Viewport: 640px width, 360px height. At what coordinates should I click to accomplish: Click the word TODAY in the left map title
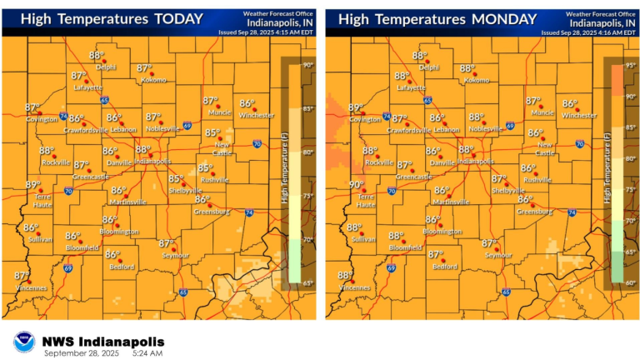(174, 19)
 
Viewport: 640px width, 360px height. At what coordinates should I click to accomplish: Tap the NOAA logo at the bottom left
(23, 342)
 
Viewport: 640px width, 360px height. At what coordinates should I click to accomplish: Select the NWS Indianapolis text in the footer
(103, 342)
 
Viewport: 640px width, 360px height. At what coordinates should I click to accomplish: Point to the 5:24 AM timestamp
(147, 354)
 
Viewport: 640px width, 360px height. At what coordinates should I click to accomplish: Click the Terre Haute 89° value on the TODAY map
(33, 185)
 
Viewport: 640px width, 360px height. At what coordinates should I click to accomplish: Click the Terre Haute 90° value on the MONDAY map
(357, 185)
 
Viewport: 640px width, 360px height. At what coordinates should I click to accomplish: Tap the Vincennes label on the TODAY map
(29, 287)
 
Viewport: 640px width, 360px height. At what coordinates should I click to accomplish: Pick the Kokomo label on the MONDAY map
(477, 81)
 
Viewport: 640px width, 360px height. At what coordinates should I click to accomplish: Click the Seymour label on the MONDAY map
(498, 255)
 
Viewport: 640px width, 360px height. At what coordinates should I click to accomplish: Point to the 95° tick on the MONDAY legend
(632, 65)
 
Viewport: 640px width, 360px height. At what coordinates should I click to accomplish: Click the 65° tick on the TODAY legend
(307, 284)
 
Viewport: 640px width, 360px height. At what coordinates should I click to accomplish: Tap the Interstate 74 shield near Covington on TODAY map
(64, 117)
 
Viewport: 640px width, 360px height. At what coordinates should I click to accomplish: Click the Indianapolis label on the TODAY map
(154, 161)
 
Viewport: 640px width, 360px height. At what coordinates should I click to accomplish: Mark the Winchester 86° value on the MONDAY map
(569, 104)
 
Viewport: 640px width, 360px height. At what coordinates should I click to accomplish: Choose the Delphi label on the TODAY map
(106, 67)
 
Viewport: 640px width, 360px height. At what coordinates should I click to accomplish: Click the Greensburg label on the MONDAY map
(535, 212)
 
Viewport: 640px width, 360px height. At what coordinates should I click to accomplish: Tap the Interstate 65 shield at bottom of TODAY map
(182, 292)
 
